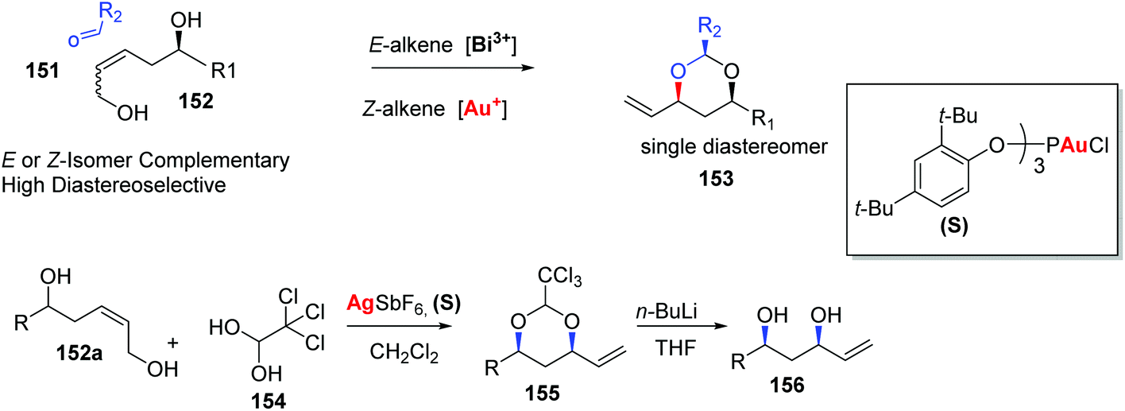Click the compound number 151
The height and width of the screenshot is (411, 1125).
point(43,70)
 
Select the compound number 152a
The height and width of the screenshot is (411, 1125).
point(79,353)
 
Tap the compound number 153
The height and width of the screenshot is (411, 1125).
point(716,178)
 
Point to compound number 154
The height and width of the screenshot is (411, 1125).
point(269,401)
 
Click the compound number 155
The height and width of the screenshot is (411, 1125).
point(543,394)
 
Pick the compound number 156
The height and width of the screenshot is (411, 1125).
point(787,386)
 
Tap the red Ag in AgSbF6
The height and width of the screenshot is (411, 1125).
point(360,304)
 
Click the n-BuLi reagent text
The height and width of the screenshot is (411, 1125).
point(667,312)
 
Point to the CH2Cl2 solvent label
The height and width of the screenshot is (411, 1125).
point(404,353)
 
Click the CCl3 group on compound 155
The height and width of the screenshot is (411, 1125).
point(559,276)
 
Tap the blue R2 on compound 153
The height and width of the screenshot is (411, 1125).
point(710,28)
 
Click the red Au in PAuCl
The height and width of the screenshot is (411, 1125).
point(1074,145)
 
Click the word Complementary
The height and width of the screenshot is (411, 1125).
point(215,161)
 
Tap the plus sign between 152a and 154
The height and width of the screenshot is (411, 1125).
point(172,343)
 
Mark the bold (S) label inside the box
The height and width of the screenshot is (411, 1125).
point(953,226)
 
